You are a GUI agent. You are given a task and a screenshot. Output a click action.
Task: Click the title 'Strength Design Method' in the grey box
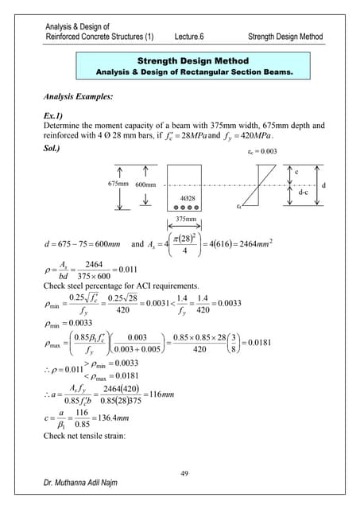pos(192,60)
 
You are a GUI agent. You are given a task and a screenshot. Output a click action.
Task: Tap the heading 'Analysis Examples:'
pos(79,97)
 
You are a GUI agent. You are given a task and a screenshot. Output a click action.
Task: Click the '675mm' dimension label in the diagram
pos(118,184)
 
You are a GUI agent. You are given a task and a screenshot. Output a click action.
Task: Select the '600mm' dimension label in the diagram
pos(145,184)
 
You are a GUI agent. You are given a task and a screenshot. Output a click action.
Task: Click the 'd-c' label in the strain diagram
pos(303,192)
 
